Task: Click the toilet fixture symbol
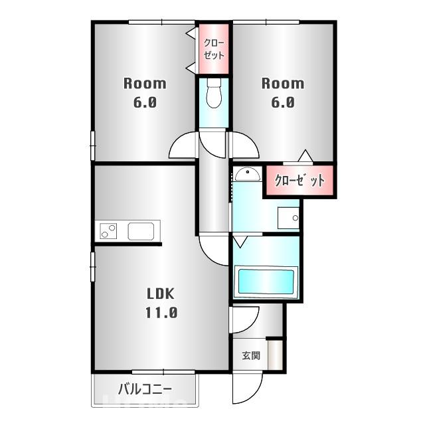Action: pyautogui.click(x=214, y=95)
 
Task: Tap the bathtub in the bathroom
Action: pyautogui.click(x=264, y=282)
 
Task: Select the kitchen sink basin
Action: pyautogui.click(x=140, y=232)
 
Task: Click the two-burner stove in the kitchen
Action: pyautogui.click(x=108, y=232)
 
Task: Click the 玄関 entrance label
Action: pyautogui.click(x=250, y=356)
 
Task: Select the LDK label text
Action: pyautogui.click(x=161, y=294)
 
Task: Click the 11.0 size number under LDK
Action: pyautogui.click(x=161, y=313)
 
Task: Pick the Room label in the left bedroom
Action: pyautogui.click(x=144, y=84)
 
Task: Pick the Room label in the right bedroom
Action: pyautogui.click(x=282, y=84)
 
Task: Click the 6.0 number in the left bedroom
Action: pyautogui.click(x=144, y=103)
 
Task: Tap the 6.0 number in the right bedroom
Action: pyautogui.click(x=282, y=103)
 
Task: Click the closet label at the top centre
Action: pyautogui.click(x=214, y=48)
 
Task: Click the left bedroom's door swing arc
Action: pyautogui.click(x=182, y=147)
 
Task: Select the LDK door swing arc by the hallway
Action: pyautogui.click(x=212, y=250)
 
